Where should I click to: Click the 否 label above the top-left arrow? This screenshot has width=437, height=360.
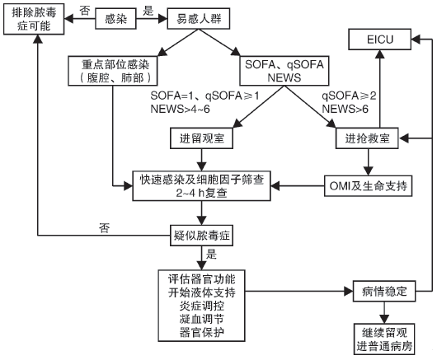(x=87, y=7)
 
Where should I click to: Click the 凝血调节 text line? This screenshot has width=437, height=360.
(x=201, y=318)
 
